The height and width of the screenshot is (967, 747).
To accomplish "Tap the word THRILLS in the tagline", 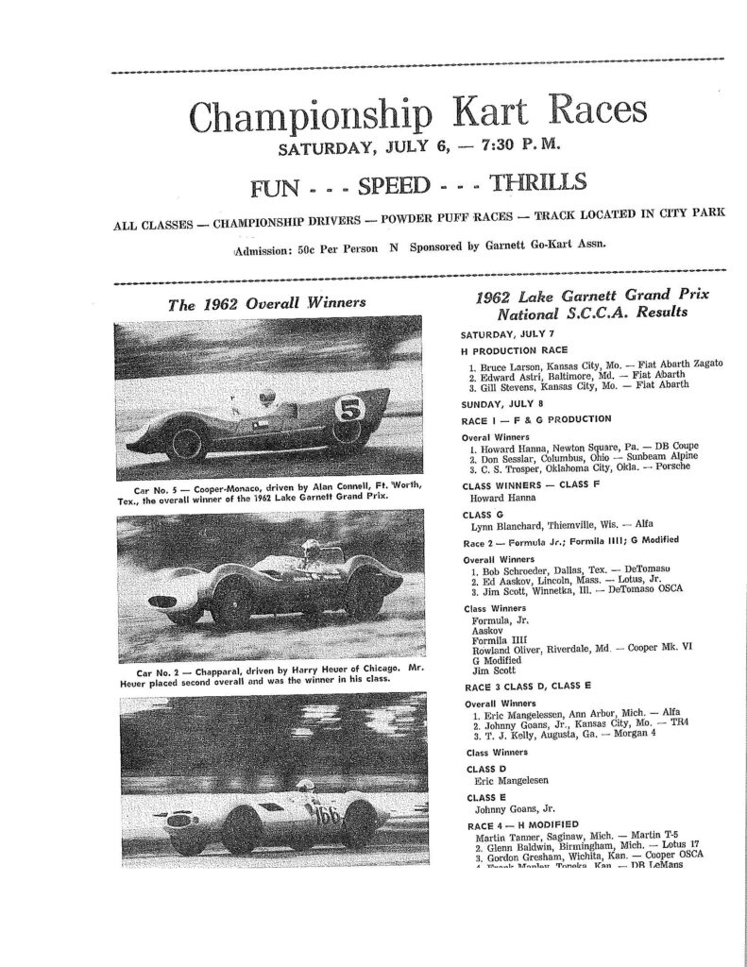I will click(x=530, y=181).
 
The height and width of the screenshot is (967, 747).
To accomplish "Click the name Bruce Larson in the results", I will click(x=506, y=364).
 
